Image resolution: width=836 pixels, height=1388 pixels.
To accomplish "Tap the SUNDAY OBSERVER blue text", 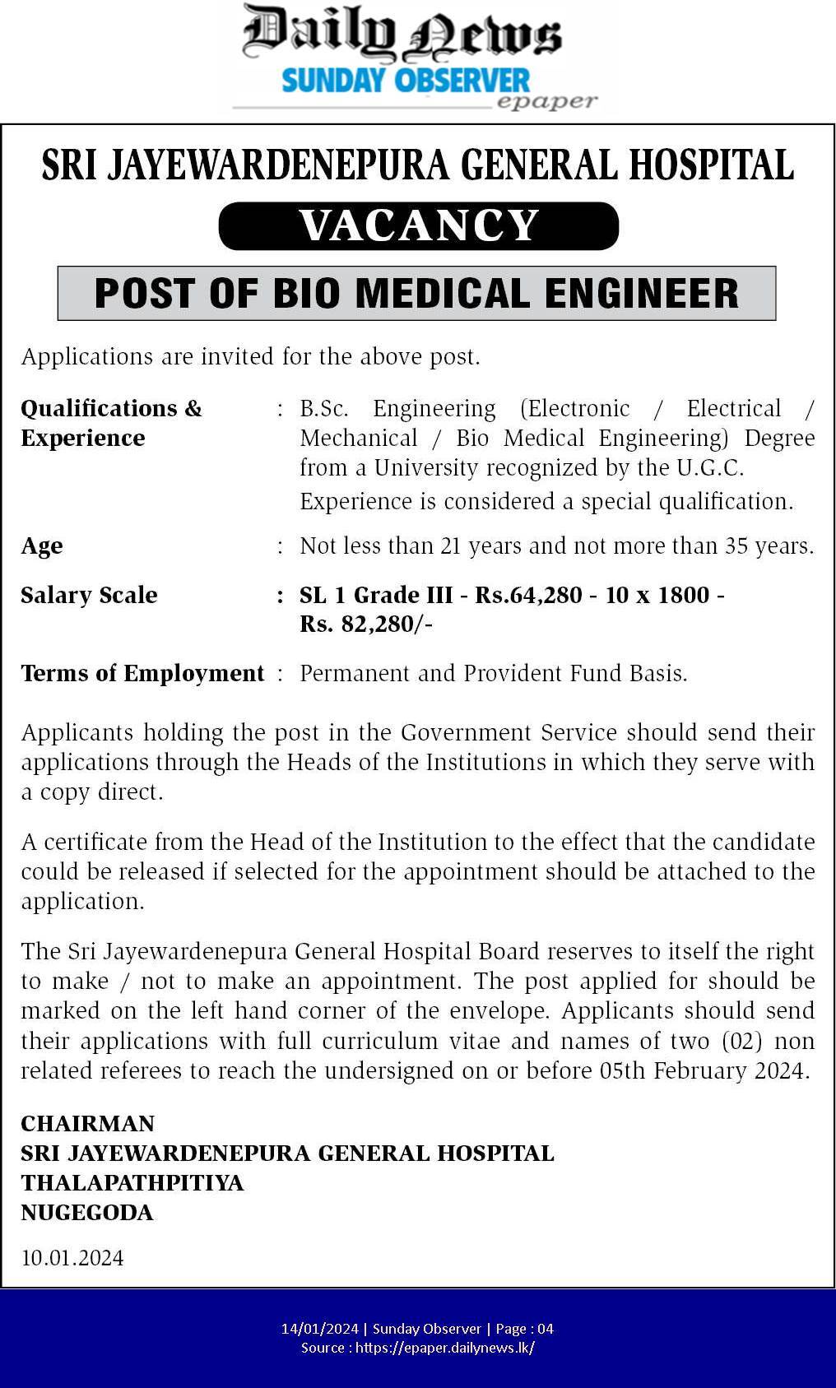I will pos(406,81).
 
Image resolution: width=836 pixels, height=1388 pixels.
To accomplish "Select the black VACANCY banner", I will pos(418,225).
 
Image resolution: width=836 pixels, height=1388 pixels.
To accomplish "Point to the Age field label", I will pos(42,546).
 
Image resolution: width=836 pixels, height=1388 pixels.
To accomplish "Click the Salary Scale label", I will pos(89,595).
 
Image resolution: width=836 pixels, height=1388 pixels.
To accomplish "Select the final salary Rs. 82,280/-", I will pos(366,624).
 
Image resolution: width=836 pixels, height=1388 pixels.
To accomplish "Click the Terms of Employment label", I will pos(142,674).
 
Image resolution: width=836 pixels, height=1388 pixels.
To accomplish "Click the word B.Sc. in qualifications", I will pos(324,409).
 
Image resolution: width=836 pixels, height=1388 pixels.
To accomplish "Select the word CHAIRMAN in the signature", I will pos(87,1124).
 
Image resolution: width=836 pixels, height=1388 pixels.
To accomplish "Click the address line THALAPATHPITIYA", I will pos(132,1183).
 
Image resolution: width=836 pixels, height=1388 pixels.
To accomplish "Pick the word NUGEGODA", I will pos(87,1213).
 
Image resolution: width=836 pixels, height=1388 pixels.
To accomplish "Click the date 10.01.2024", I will pos(72,1258).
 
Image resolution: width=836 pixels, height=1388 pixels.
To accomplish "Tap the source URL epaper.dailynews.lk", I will pos(445,1348).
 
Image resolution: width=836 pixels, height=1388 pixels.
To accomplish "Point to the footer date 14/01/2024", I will pos(320,1329).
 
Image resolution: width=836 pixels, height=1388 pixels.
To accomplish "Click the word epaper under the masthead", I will pos(546,102).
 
